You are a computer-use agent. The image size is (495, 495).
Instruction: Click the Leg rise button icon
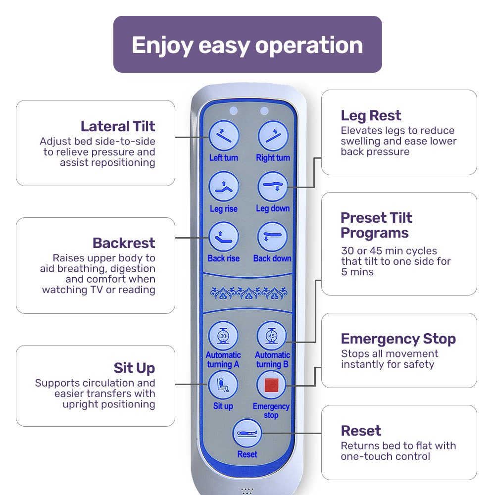pyautogui.click(x=224, y=187)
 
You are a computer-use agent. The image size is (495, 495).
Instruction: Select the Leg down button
pyautogui.click(x=273, y=187)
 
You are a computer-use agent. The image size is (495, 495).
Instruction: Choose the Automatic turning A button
pyautogui.click(x=223, y=336)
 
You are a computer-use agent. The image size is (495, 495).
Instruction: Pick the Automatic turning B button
pyautogui.click(x=272, y=336)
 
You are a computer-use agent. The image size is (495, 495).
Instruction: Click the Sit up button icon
pyautogui.click(x=223, y=385)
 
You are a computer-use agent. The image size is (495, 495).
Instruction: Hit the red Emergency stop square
pyautogui.click(x=271, y=385)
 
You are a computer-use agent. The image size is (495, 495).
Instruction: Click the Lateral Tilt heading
pyautogui.click(x=118, y=126)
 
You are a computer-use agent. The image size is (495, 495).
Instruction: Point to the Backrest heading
pyautogui.click(x=124, y=243)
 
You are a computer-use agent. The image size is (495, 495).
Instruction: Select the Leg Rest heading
pyautogui.click(x=371, y=116)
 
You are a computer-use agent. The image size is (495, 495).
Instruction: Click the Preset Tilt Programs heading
pyautogui.click(x=376, y=225)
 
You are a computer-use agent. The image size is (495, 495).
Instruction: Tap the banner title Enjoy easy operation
pyautogui.click(x=247, y=45)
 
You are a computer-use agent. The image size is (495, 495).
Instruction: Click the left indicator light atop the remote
pyautogui.click(x=234, y=111)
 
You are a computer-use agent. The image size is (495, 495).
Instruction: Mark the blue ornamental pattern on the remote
pyautogui.click(x=247, y=294)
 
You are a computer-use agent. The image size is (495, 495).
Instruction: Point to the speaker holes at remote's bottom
pyautogui.click(x=247, y=491)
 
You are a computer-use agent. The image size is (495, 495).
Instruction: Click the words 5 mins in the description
pyautogui.click(x=357, y=272)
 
